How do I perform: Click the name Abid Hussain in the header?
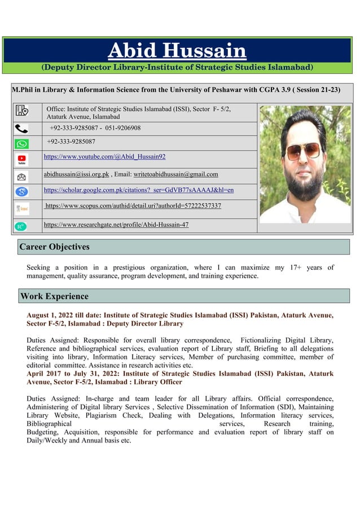177,51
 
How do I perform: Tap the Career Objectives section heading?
55,247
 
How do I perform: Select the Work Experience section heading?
54,296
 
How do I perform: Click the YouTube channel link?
104,156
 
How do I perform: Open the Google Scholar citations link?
138,190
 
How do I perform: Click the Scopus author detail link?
133,206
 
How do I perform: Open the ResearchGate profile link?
116,225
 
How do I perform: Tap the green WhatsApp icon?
21,143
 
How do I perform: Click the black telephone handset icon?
21,129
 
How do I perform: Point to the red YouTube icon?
21,160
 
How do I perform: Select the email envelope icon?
21,177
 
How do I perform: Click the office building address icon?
21,112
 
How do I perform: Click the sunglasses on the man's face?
303,151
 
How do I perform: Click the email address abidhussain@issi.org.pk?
76,174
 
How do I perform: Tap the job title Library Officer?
157,382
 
